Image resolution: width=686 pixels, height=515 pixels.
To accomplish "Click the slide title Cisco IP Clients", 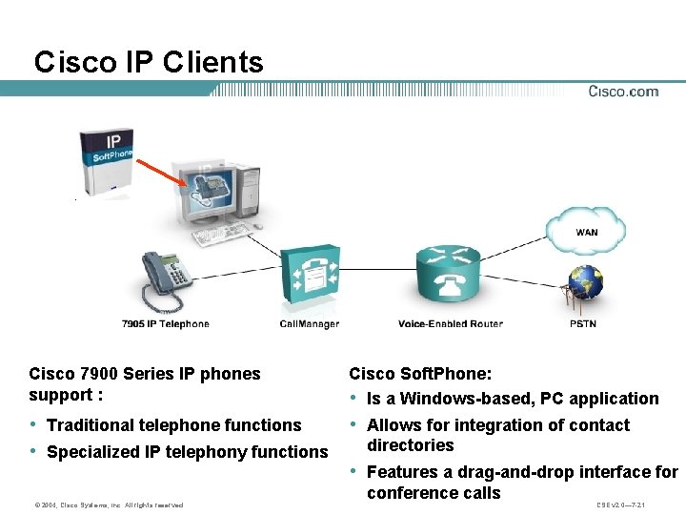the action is (149, 63).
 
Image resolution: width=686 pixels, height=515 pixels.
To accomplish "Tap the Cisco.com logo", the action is (622, 92).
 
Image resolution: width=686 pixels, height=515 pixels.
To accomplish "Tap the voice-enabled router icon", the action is (449, 276).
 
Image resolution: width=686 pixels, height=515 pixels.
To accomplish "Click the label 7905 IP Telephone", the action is (165, 324).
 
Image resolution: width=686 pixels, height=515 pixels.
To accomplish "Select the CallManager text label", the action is (309, 324).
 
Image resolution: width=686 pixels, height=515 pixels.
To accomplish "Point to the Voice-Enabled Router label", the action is (450, 324).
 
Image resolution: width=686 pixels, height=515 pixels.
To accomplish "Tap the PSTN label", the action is (583, 324).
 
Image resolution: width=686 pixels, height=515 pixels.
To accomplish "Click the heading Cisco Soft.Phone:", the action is (419, 374).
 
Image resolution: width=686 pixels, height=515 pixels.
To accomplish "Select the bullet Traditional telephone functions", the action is (173, 425).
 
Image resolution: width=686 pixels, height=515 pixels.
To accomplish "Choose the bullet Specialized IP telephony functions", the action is (187, 452).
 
